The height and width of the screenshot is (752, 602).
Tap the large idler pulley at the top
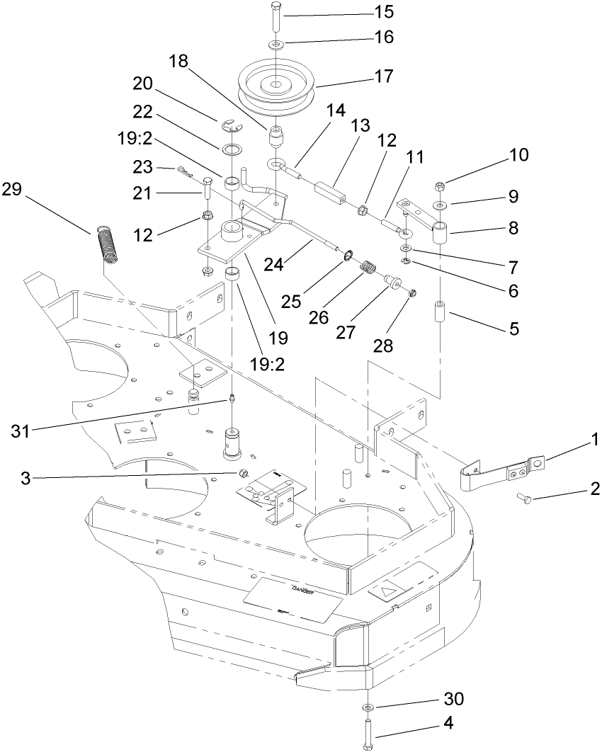(276, 84)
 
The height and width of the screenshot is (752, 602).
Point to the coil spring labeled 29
(106, 244)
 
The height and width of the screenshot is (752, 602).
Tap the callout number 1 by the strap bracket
(596, 440)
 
